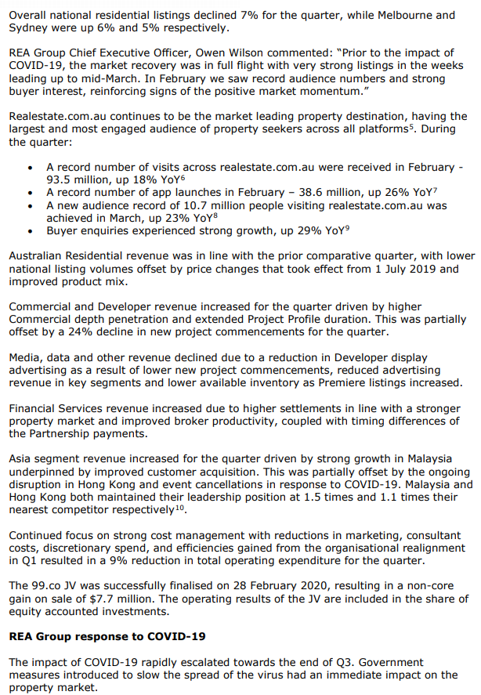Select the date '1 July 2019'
coord(403,269)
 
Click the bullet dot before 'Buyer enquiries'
coord(30,231)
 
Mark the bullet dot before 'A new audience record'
coord(30,205)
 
